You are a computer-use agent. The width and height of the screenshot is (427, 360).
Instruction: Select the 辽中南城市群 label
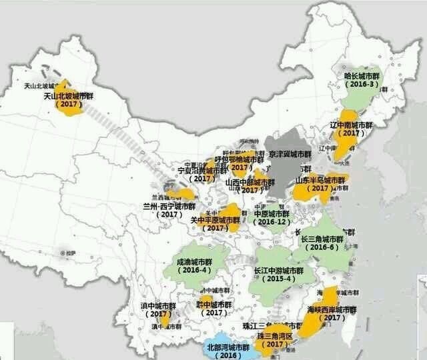(351, 125)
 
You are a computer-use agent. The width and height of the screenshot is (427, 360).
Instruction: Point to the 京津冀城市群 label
(290, 154)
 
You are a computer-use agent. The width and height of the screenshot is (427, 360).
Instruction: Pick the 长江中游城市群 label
(279, 271)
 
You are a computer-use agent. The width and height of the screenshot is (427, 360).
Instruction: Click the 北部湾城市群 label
(228, 347)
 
